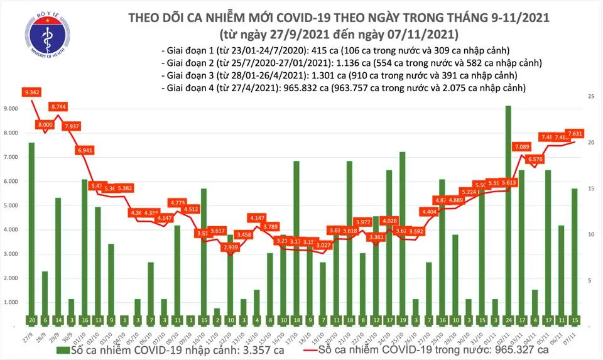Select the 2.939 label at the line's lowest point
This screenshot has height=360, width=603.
click(x=232, y=248)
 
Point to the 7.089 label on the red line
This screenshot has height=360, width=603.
click(x=522, y=147)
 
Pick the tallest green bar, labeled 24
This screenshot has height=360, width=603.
click(x=508, y=214)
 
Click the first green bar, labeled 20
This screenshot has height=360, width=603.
click(x=31, y=232)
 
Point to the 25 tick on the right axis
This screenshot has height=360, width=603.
click(x=591, y=97)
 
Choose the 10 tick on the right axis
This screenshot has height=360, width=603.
click(x=591, y=234)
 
